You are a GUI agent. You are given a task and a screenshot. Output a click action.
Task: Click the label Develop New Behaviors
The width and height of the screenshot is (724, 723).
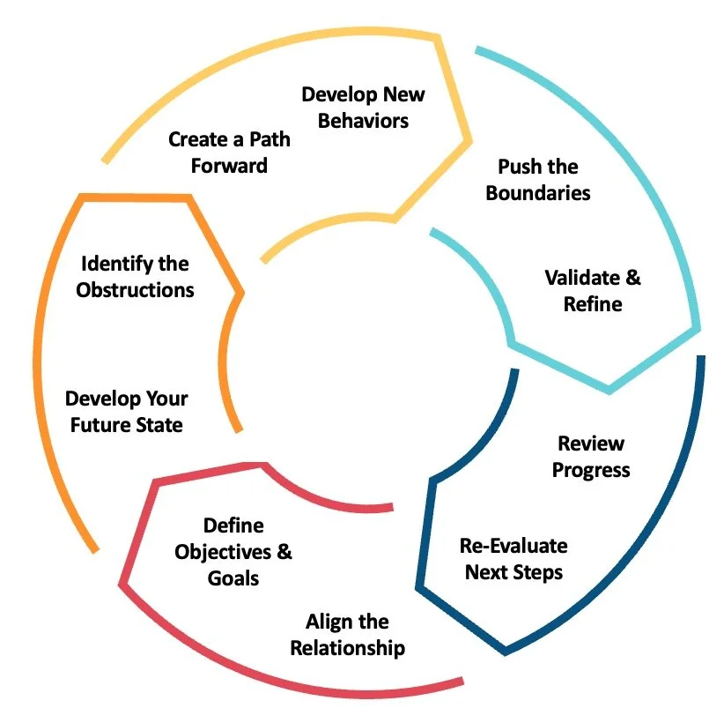(x=363, y=107)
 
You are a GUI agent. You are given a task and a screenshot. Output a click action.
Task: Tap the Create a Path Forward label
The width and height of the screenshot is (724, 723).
(x=229, y=152)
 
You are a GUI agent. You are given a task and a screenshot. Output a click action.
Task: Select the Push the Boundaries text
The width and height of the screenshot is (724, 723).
(x=537, y=179)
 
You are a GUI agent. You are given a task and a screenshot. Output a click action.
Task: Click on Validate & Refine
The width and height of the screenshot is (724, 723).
(x=593, y=291)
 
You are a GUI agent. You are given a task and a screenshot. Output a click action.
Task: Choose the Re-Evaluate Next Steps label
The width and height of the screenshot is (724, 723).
(x=513, y=558)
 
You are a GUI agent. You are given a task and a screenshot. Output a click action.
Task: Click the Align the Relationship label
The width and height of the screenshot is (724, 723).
(x=348, y=635)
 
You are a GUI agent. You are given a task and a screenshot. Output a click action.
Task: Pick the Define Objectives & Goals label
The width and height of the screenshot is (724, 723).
(x=233, y=552)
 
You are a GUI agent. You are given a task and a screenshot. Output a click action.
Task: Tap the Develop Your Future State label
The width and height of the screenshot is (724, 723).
(x=126, y=412)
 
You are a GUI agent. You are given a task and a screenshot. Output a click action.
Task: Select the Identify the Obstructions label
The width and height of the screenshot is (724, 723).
(x=135, y=276)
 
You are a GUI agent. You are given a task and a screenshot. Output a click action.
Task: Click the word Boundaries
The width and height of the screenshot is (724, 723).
(x=537, y=192)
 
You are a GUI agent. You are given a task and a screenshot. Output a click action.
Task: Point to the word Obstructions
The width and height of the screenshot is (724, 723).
(x=135, y=289)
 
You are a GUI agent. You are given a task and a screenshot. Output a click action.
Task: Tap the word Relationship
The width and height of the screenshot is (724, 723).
(x=348, y=648)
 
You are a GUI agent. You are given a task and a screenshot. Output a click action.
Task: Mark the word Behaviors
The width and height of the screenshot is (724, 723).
(x=363, y=120)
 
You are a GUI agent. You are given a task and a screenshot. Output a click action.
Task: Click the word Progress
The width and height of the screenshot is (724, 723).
(x=591, y=469)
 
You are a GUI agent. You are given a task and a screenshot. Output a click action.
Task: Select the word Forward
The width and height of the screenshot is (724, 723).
(x=229, y=165)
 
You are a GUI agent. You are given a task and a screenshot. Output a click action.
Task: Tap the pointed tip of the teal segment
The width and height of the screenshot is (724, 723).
(x=609, y=389)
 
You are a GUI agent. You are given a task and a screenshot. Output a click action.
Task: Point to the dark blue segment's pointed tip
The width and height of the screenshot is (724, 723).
(x=505, y=652)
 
